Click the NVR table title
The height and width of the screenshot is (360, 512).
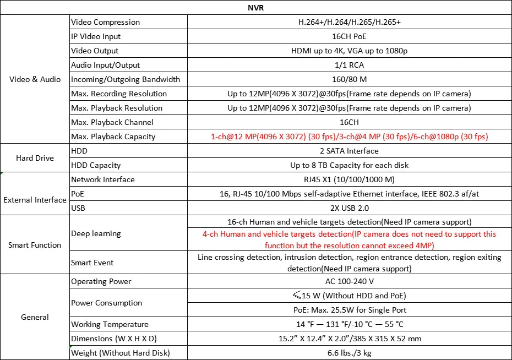point(256,8)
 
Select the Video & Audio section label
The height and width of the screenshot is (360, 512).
point(35,79)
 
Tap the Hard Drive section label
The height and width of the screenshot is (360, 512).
point(35,158)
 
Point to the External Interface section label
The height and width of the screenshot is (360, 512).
point(35,200)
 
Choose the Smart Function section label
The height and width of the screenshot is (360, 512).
point(35,245)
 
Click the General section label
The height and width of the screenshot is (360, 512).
point(35,317)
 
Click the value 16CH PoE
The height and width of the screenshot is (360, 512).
point(349,36)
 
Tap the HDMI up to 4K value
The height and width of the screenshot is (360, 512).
point(349,51)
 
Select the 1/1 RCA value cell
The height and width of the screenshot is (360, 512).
point(349,65)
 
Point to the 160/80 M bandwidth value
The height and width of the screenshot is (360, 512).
point(349,79)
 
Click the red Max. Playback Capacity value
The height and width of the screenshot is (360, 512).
point(349,137)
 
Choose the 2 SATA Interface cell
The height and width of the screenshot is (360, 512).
point(349,151)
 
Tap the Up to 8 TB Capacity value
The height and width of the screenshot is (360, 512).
point(349,165)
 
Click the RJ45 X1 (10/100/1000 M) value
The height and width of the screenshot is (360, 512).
point(349,179)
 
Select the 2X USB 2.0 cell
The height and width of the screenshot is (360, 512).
point(349,208)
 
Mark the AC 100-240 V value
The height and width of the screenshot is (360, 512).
point(349,281)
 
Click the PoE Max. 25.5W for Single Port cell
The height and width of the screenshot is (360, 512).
point(349,310)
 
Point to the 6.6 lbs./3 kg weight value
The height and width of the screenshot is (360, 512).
point(349,353)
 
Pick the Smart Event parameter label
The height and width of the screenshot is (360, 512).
point(92,263)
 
